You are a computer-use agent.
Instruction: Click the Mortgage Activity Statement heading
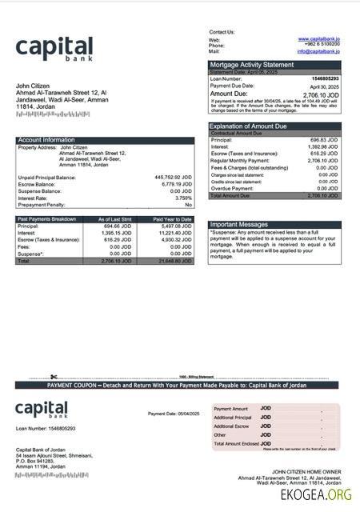coord(251,65)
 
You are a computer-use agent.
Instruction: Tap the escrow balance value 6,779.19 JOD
coord(175,184)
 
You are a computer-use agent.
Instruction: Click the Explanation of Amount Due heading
coord(252,126)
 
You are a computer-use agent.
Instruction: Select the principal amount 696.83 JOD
coord(324,140)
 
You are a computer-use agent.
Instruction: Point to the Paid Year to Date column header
coord(172,219)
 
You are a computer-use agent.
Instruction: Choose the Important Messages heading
coord(238,225)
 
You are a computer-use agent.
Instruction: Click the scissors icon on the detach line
coord(54,377)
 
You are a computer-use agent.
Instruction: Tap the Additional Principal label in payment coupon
coord(233,418)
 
